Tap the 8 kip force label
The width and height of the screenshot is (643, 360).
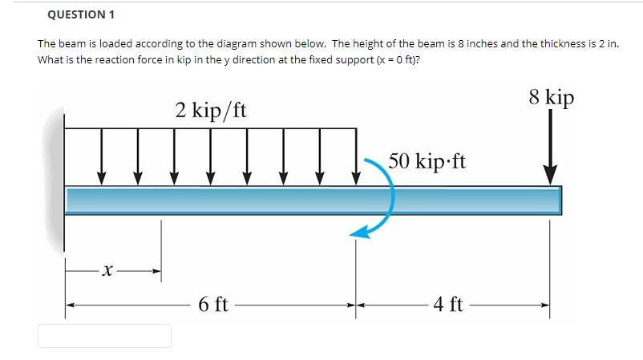point(552,97)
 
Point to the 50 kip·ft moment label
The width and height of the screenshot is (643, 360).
point(427,160)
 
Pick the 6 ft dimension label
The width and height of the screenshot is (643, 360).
point(212,305)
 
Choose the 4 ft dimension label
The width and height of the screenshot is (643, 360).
point(447,305)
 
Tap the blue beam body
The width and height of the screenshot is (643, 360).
point(313,200)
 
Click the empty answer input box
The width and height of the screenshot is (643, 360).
point(104,336)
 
